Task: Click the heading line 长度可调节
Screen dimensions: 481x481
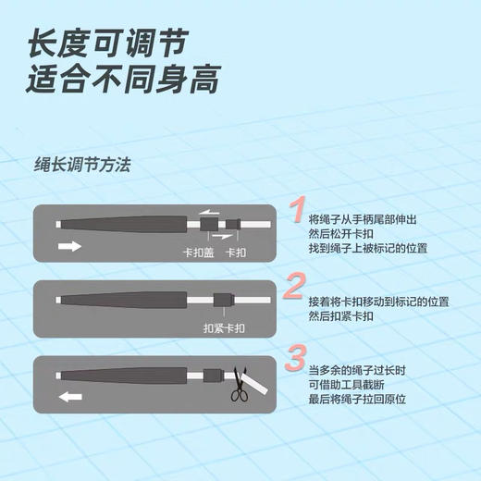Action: point(109,42)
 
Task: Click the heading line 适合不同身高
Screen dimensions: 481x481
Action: point(124,80)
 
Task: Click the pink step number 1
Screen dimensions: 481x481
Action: point(293,211)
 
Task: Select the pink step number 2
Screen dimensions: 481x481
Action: point(293,287)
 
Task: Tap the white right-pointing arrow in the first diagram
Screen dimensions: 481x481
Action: point(69,246)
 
